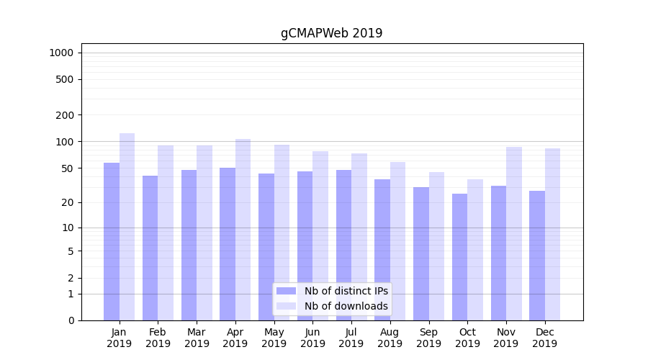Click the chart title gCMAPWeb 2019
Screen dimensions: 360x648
tap(331, 33)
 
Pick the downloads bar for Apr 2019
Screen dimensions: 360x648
tap(243, 230)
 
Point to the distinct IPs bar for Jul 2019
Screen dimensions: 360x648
tap(344, 245)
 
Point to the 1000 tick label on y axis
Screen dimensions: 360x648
tap(61, 53)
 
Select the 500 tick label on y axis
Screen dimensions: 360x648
tap(65, 79)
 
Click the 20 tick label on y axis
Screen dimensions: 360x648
tap(67, 202)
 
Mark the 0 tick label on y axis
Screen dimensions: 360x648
tap(70, 320)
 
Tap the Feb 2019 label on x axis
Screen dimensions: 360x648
tap(158, 338)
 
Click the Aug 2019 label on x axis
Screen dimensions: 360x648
tap(390, 338)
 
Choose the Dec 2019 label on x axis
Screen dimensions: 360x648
tap(545, 338)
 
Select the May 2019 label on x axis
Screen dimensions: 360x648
tap(274, 338)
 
